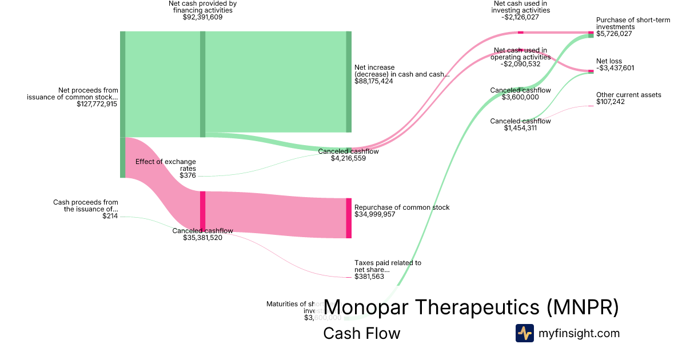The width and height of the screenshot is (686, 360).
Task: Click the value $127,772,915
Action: [97, 104]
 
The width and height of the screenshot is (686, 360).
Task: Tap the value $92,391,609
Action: [203, 17]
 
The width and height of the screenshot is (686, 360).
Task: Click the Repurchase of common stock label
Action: [402, 207]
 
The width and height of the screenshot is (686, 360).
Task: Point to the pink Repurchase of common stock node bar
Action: [349, 218]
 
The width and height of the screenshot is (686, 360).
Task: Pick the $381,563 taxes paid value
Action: [369, 277]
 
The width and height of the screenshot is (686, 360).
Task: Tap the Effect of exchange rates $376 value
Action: [188, 175]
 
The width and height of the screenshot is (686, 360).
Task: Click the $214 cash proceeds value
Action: [110, 216]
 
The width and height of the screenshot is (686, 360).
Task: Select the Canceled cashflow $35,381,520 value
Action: [203, 238]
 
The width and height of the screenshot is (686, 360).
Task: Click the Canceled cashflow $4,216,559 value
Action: [348, 158]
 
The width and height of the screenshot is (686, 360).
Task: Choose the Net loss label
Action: [609, 61]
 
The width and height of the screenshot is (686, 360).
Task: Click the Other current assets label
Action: [629, 95]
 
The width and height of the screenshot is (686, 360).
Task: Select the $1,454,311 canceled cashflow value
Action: [520, 128]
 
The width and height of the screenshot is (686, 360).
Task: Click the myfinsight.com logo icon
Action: [524, 333]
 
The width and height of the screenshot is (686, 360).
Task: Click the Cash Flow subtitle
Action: [362, 333]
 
